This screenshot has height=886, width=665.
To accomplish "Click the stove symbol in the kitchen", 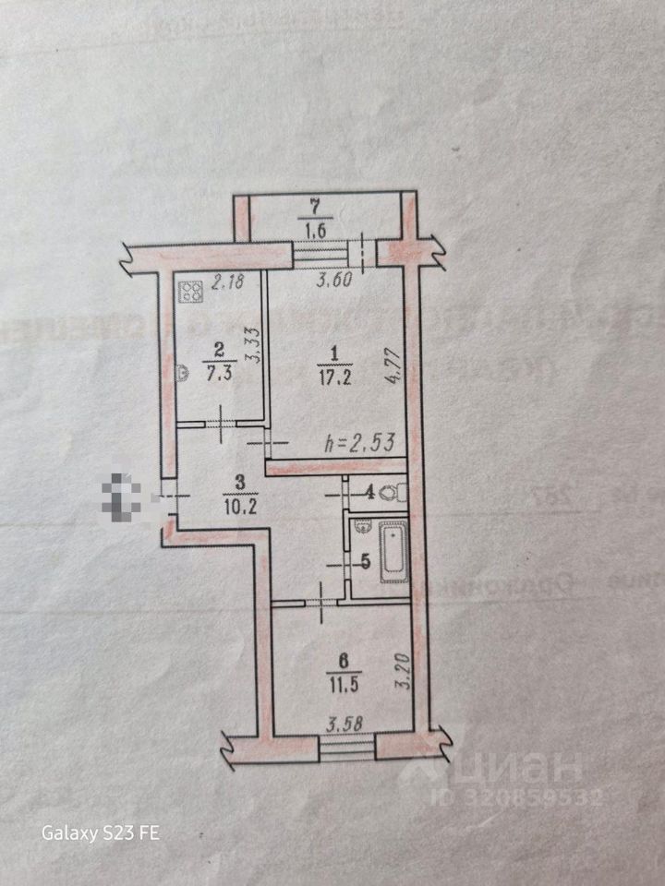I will point(192,293).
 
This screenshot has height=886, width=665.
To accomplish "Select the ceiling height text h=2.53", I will point(361,444).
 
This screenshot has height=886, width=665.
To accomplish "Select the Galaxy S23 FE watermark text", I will point(101,833).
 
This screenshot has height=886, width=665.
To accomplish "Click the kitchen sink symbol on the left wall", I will point(182,372).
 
